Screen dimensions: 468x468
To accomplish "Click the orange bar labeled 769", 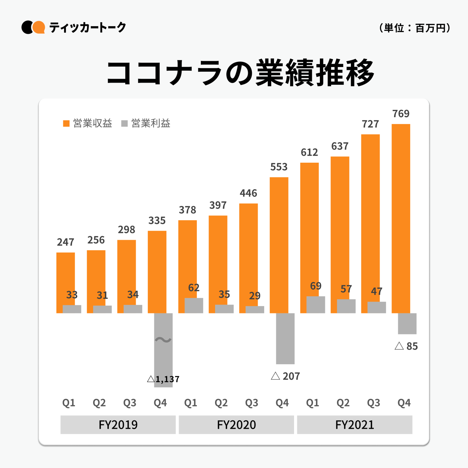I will coord(401,218).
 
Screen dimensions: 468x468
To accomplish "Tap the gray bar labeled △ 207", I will coord(285,338).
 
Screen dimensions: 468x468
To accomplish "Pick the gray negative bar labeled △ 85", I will coord(407,324).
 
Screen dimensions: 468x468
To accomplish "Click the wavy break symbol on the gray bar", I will coord(163,340).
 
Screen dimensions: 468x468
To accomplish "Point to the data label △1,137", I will coord(163,379).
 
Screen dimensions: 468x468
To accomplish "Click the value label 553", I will coord(279,167).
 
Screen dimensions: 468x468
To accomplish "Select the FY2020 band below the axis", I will coord(236,425).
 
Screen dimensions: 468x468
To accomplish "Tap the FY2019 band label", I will coord(118,425).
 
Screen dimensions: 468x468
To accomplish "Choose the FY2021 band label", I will coord(354,425).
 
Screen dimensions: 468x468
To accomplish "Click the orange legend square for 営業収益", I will coord(66,124).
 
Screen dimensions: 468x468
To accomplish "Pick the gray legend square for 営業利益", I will coord(124,124).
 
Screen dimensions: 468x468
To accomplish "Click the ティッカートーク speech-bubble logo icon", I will coord(33,27).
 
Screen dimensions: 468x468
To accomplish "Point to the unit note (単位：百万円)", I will coord(415,28).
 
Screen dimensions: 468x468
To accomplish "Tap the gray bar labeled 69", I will coord(316,305).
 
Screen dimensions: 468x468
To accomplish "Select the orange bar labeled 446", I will coord(248,255).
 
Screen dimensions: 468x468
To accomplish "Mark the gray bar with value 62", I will coord(194,306).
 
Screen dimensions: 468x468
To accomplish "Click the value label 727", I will coord(370,124).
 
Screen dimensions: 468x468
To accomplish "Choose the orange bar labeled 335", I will coord(157,269).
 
